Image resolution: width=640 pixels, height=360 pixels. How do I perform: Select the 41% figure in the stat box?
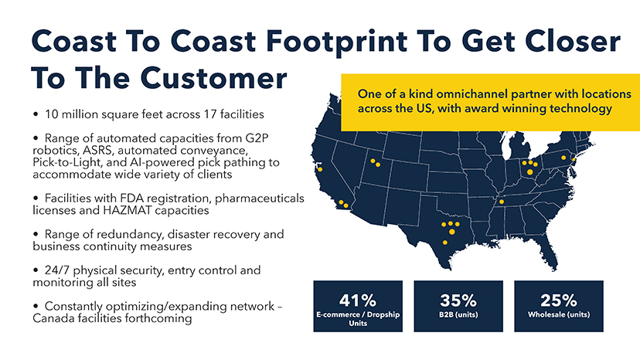coord(357,301)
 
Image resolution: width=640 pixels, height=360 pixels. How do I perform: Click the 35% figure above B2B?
coord(458,301)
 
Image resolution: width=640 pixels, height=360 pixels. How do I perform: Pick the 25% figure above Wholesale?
coord(558,301)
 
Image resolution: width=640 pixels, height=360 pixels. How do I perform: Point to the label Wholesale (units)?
coord(558,315)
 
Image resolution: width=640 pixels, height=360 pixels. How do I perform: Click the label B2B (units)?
coord(458,315)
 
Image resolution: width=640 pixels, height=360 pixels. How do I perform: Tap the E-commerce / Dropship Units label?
coord(357,319)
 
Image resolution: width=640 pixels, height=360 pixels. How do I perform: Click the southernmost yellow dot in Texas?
coord(445,242)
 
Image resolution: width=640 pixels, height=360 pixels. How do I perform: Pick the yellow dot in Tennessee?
coord(501,202)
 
